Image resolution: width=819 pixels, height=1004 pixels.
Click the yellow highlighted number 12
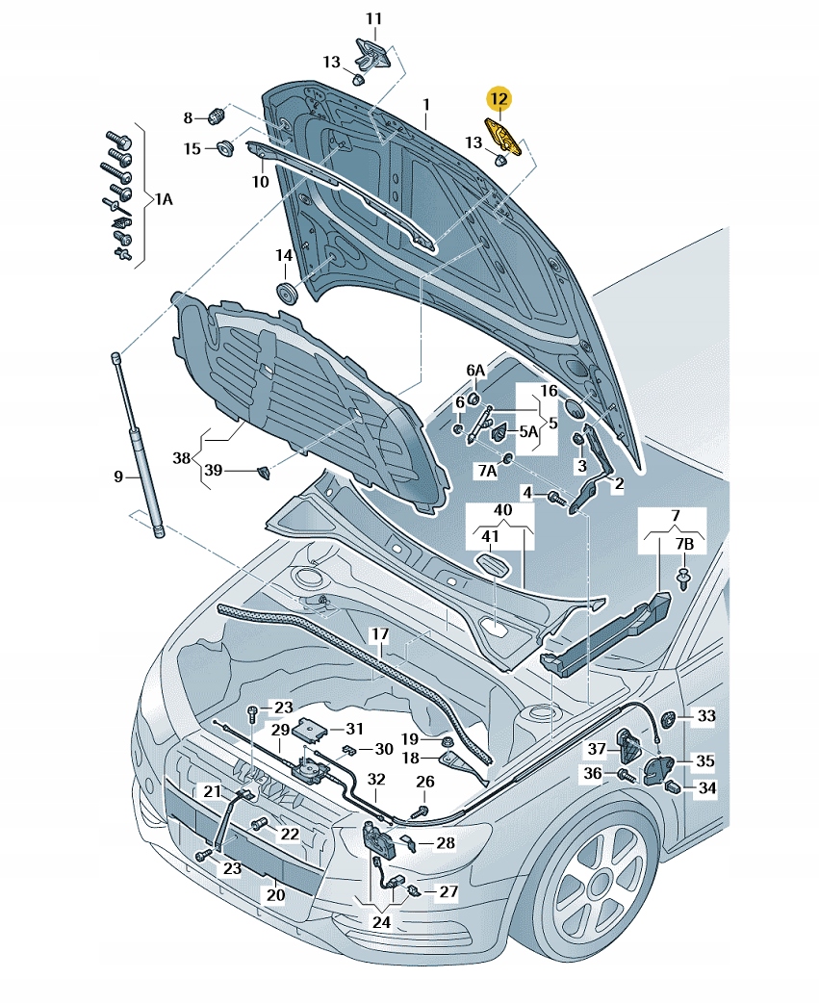click(499, 97)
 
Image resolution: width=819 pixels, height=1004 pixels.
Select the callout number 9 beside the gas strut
click(118, 476)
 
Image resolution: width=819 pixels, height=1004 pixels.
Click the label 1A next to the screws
click(165, 198)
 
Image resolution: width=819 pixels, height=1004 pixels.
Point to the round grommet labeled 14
click(287, 291)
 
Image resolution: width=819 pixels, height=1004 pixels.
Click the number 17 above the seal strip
click(380, 635)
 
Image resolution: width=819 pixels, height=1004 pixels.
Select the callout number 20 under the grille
click(275, 895)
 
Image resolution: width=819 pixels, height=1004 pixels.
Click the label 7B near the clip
click(683, 545)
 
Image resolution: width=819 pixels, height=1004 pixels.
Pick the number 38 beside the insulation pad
click(182, 459)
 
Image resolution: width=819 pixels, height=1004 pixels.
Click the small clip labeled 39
click(263, 471)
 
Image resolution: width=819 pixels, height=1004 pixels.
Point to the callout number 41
click(491, 536)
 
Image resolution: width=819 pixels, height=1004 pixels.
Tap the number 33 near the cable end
click(706, 716)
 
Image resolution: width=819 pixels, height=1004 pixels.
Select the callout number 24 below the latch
click(382, 921)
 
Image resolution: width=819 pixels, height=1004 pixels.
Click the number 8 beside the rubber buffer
click(189, 117)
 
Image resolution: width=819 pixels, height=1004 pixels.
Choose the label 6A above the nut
click(475, 370)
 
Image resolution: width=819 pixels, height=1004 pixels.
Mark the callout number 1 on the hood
click(424, 103)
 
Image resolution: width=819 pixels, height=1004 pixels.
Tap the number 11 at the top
click(373, 18)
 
